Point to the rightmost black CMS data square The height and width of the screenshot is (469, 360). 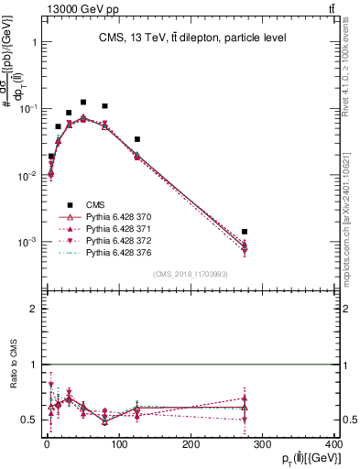(245, 232)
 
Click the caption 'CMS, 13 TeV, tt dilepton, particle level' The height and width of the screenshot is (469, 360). (191, 38)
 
